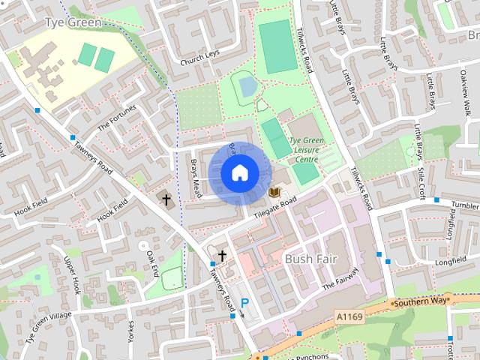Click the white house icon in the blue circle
point(238,173)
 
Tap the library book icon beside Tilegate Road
point(274,193)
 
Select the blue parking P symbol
point(244,304)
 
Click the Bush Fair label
point(311,259)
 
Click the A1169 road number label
point(349,317)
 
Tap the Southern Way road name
point(419,301)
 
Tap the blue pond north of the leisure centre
point(247,87)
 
